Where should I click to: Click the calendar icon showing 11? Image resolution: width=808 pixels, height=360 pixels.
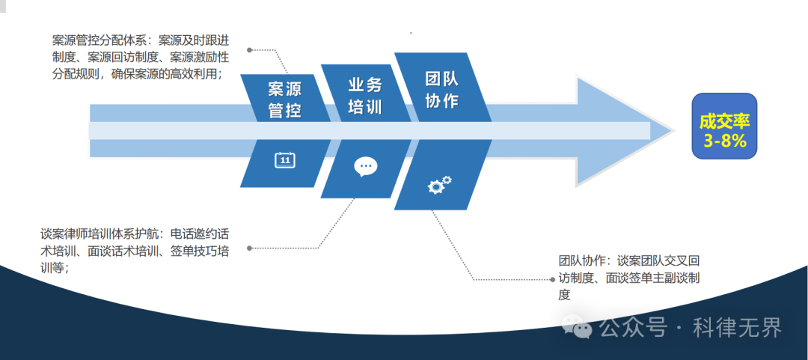pyautogui.click(x=284, y=159)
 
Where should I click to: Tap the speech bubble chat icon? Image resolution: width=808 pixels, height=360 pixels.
pyautogui.click(x=365, y=166)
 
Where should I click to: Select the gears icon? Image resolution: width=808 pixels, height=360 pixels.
pyautogui.click(x=439, y=184)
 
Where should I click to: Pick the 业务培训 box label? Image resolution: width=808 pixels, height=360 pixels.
pyautogui.click(x=365, y=95)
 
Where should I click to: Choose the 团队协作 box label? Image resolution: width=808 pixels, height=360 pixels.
pyautogui.click(x=442, y=90)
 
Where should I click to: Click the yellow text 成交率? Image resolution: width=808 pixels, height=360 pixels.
pyautogui.click(x=724, y=121)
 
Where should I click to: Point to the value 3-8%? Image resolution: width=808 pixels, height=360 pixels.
pyautogui.click(x=724, y=141)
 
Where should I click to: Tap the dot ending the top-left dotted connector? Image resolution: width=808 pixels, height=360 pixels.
pyautogui.click(x=250, y=50)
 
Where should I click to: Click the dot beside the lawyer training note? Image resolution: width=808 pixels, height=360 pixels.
pyautogui.click(x=249, y=248)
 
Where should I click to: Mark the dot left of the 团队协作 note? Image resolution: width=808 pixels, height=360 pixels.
pyautogui.click(x=551, y=279)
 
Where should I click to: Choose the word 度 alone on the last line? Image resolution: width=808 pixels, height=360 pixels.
pyautogui.click(x=564, y=296)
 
